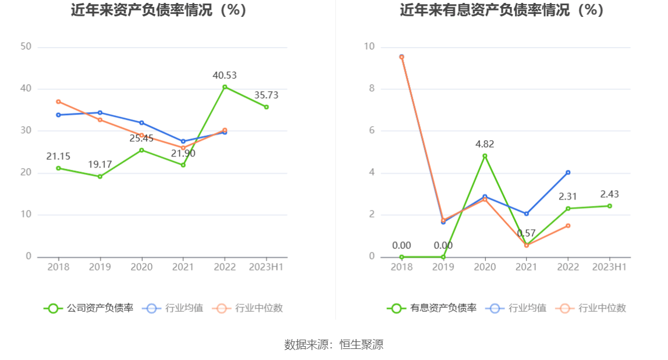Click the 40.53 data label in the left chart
click(x=225, y=75)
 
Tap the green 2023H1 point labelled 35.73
click(x=267, y=107)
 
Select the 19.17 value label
click(x=100, y=165)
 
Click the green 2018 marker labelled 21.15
click(x=58, y=168)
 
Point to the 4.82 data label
click(x=484, y=144)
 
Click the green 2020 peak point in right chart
click(x=485, y=156)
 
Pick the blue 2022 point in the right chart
click(x=568, y=172)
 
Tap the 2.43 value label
click(x=610, y=194)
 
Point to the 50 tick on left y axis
click(x=26, y=47)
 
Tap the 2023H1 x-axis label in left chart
click(x=266, y=267)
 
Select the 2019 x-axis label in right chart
click(x=443, y=267)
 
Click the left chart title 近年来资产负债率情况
click(x=159, y=10)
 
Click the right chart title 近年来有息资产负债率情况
click(x=502, y=10)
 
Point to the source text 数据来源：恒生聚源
click(x=334, y=344)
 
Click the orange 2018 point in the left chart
click(x=58, y=102)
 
